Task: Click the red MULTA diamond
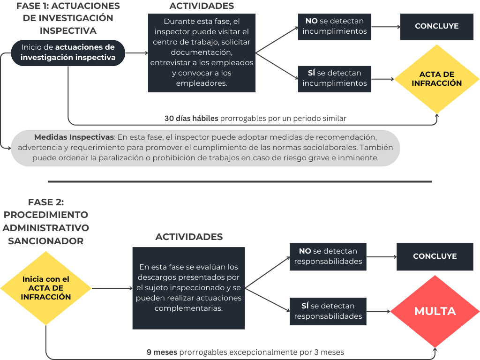pyautogui.click(x=435, y=311)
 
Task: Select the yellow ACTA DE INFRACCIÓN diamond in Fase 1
pyautogui.click(x=437, y=79)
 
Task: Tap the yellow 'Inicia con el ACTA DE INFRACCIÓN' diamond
pyautogui.click(x=46, y=288)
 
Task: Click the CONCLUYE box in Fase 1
pyautogui.click(x=437, y=26)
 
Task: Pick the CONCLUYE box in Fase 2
pyautogui.click(x=435, y=256)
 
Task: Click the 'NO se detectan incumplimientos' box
pyautogui.click(x=334, y=26)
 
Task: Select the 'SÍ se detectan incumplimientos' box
pyautogui.click(x=334, y=78)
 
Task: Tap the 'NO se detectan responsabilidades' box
pyautogui.click(x=328, y=256)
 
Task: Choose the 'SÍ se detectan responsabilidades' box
pyautogui.click(x=328, y=311)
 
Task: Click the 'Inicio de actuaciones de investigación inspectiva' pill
pyautogui.click(x=67, y=52)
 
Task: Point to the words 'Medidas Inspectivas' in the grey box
pyautogui.click(x=74, y=138)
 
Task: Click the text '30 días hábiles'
pyautogui.click(x=191, y=119)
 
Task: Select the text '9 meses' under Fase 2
pyautogui.click(x=162, y=352)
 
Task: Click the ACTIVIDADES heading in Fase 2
pyautogui.click(x=188, y=237)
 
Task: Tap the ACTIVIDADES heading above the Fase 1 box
pyautogui.click(x=202, y=6)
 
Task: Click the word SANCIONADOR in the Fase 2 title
pyautogui.click(x=46, y=241)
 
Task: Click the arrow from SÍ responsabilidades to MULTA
pyautogui.click(x=378, y=311)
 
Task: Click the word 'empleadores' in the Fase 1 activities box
pyautogui.click(x=201, y=83)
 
